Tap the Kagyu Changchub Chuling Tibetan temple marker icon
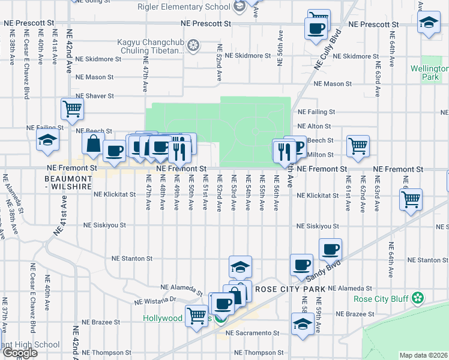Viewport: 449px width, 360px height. [193, 45]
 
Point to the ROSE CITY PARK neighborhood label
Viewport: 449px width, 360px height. [290, 289]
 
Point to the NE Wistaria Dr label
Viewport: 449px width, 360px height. [155, 300]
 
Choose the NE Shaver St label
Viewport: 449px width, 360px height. [94, 96]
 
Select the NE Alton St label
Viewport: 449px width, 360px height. [315, 127]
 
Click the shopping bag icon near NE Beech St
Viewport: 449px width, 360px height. [94, 145]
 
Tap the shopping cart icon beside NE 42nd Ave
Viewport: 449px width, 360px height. [72, 109]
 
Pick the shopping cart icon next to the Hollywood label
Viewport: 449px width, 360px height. [197, 315]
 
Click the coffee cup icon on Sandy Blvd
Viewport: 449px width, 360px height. [330, 248]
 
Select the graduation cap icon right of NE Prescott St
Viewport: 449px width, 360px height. [429, 24]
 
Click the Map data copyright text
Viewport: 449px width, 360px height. [424, 355]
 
